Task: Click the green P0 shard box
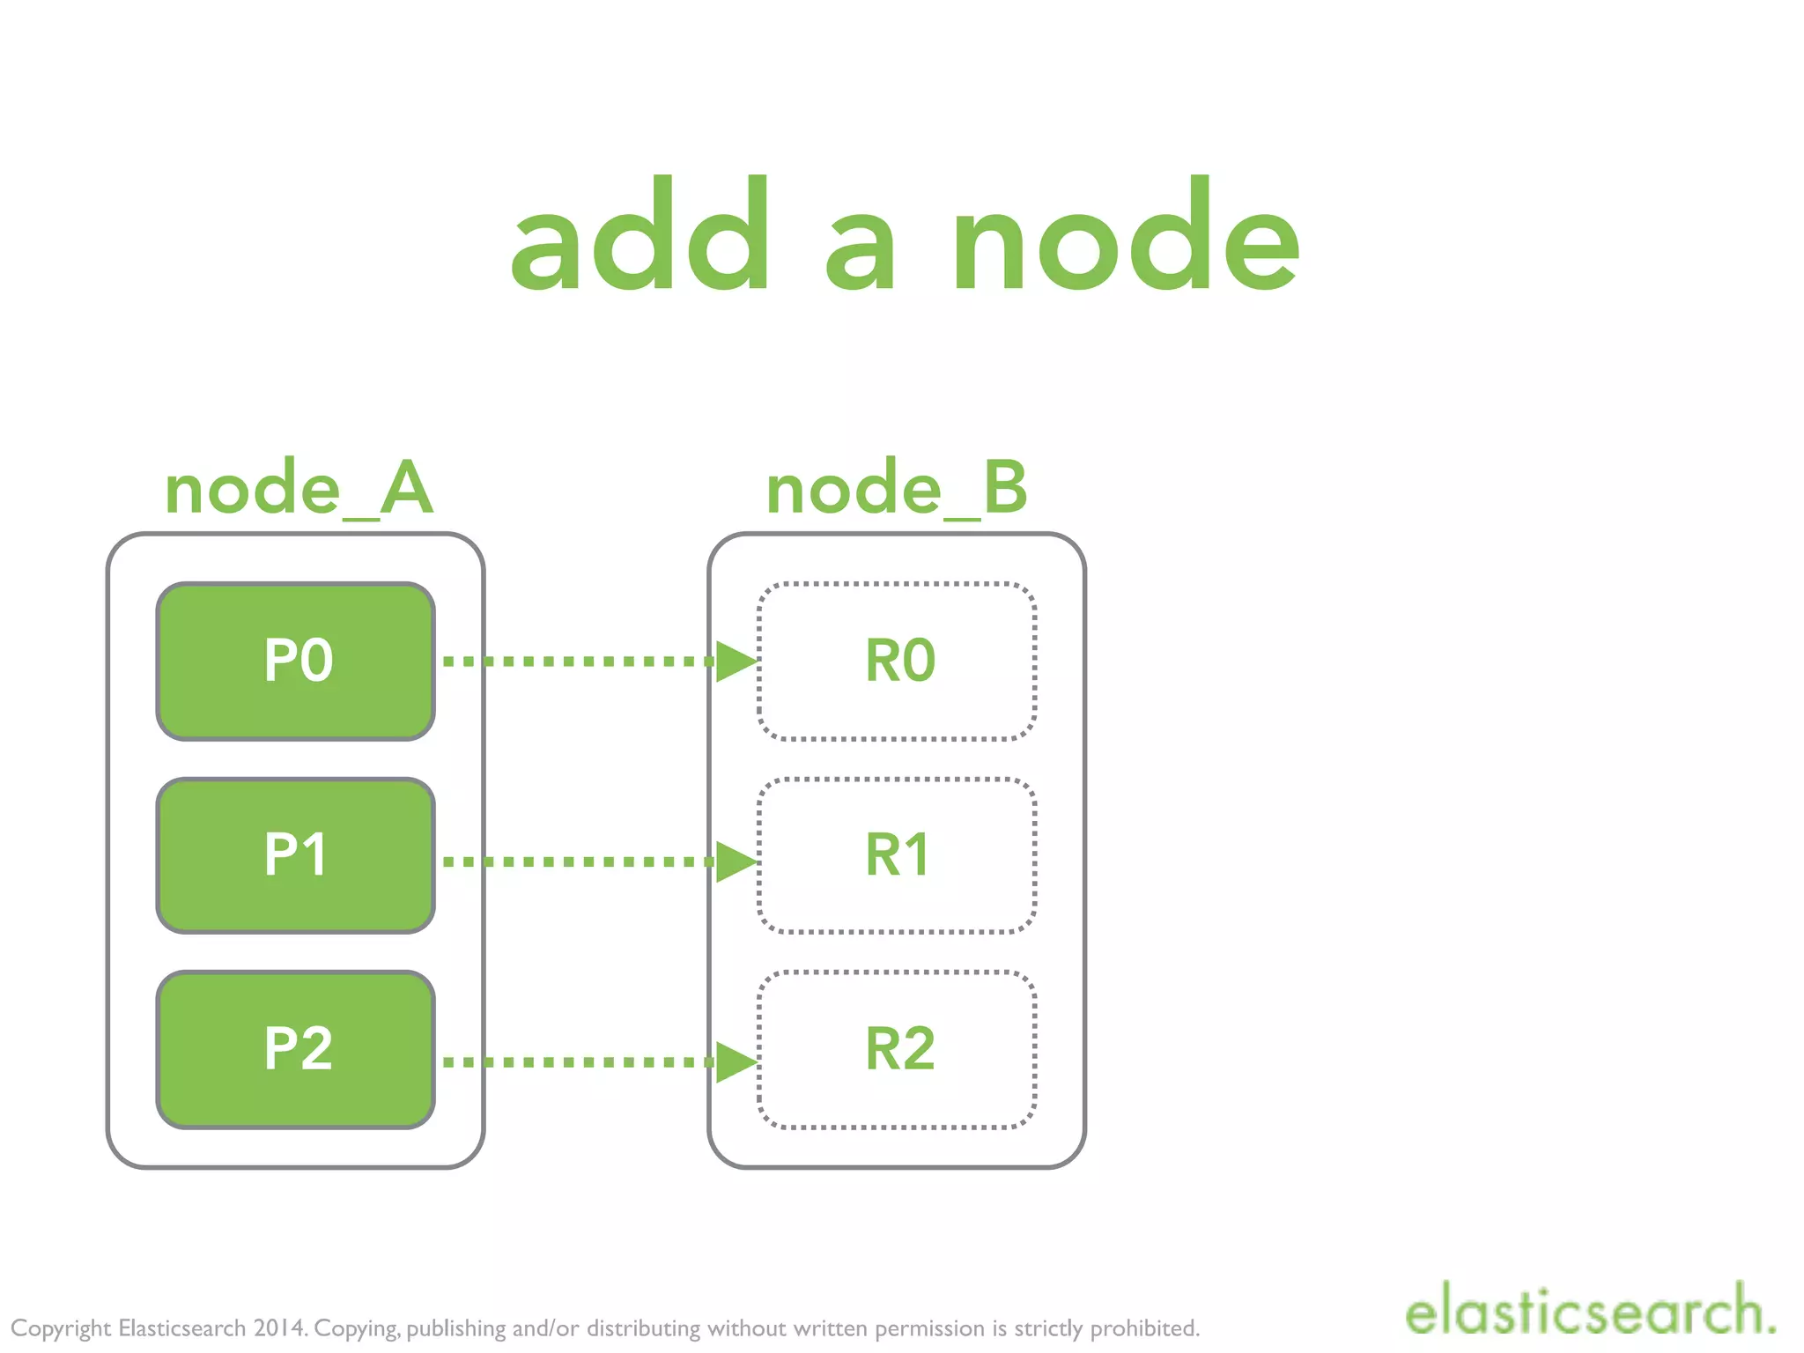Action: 296,661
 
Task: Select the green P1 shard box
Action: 296,855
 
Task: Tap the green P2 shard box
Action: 296,1049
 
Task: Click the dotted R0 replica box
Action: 897,661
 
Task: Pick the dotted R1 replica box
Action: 897,855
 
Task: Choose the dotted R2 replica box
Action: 897,1049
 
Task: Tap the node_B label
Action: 897,489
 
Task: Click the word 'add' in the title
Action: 641,236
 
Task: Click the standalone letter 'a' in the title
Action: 861,251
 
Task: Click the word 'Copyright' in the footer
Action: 60,1328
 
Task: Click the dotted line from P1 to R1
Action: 577,861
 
